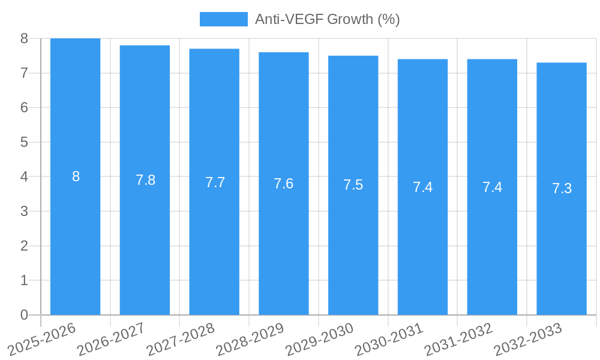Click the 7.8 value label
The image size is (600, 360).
pos(145,180)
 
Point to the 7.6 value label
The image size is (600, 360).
pos(283,184)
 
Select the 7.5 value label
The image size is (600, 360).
pos(353,185)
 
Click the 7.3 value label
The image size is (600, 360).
pos(562,188)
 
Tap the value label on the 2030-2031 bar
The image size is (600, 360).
pos(422,187)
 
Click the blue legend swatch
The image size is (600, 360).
pos(223,19)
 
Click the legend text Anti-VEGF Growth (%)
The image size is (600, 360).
pos(327,19)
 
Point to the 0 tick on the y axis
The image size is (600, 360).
pos(24,315)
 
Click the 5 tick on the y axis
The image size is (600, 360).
pos(24,142)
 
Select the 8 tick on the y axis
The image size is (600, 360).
pos(24,38)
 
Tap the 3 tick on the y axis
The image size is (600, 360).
pos(24,211)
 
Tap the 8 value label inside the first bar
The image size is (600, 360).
pos(76,176)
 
